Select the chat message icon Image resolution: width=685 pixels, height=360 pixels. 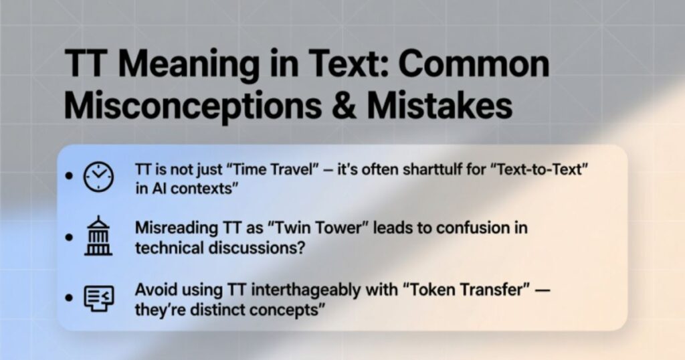click(98, 298)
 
